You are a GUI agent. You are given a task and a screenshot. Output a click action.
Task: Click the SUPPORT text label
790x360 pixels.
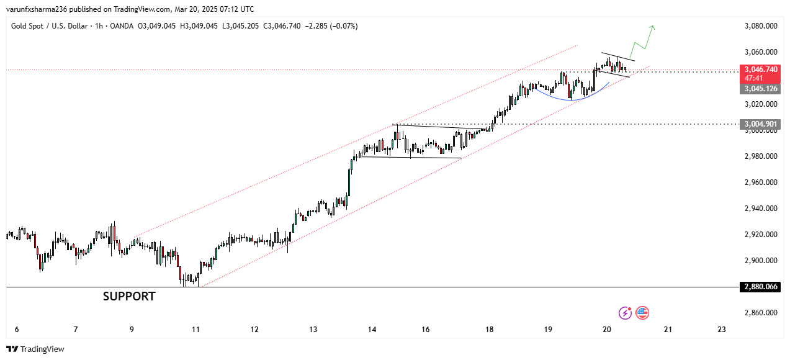129,297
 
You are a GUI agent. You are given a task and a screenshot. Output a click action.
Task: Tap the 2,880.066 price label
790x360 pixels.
760,287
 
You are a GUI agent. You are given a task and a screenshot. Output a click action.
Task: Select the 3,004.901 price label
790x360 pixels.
760,125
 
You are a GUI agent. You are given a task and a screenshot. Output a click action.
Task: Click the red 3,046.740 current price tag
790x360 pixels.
760,70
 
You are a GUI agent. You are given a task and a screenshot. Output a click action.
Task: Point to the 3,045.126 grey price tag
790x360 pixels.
760,89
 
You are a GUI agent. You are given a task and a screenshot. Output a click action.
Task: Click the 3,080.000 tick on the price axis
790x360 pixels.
761,26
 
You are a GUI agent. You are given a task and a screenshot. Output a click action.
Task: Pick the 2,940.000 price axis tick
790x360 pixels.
761,209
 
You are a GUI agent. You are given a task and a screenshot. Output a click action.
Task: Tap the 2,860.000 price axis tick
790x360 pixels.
761,313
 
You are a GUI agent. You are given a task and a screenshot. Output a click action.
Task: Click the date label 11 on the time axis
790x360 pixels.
196,330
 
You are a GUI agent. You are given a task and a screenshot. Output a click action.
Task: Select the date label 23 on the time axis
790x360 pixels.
721,330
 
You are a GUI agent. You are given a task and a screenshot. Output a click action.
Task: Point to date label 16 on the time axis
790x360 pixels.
425,330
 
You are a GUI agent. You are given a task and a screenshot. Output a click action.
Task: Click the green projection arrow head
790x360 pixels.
652,27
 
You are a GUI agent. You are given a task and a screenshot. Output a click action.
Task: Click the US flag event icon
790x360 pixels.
642,313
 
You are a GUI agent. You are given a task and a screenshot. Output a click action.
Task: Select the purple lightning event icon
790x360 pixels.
625,313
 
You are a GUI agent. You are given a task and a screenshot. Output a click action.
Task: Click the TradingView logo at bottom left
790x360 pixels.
35,349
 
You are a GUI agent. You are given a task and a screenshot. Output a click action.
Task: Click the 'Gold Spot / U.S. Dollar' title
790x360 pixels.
52,26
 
